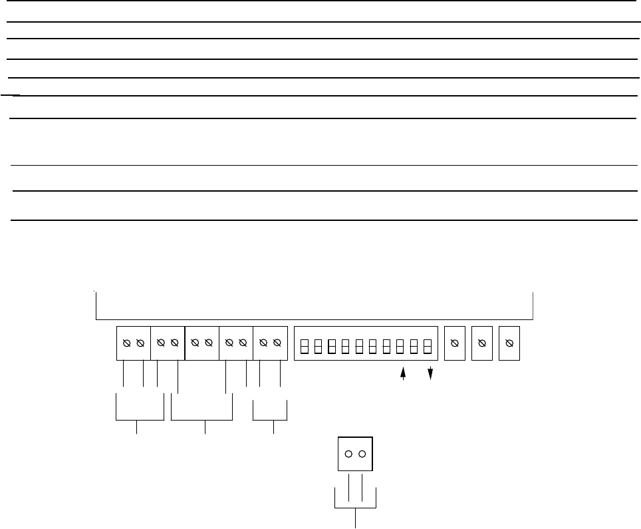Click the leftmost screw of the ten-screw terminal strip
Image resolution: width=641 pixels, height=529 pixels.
[x=126, y=343]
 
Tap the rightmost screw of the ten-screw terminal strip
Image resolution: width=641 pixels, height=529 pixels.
[x=277, y=343]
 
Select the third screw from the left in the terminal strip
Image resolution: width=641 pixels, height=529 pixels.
[x=161, y=343]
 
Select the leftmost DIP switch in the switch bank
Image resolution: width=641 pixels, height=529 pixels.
[x=305, y=347]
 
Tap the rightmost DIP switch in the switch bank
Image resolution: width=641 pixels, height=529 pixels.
[x=428, y=347]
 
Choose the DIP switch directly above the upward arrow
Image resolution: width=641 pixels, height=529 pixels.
[x=400, y=347]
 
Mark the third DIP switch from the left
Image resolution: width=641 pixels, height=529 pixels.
[x=332, y=347]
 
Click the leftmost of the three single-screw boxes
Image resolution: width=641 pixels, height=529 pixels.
[x=455, y=343]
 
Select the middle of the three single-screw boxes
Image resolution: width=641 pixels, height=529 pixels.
[x=481, y=343]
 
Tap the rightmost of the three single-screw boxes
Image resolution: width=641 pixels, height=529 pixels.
[x=509, y=343]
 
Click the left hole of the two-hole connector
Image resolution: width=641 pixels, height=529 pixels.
[x=348, y=454]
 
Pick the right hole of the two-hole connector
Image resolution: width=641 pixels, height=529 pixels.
[x=362, y=454]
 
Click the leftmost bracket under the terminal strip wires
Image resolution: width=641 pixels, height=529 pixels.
[x=140, y=420]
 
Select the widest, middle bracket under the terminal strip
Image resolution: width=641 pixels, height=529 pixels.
[x=202, y=420]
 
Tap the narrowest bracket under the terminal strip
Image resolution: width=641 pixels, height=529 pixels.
[x=271, y=420]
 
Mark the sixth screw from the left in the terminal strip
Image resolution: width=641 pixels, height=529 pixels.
[x=209, y=343]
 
